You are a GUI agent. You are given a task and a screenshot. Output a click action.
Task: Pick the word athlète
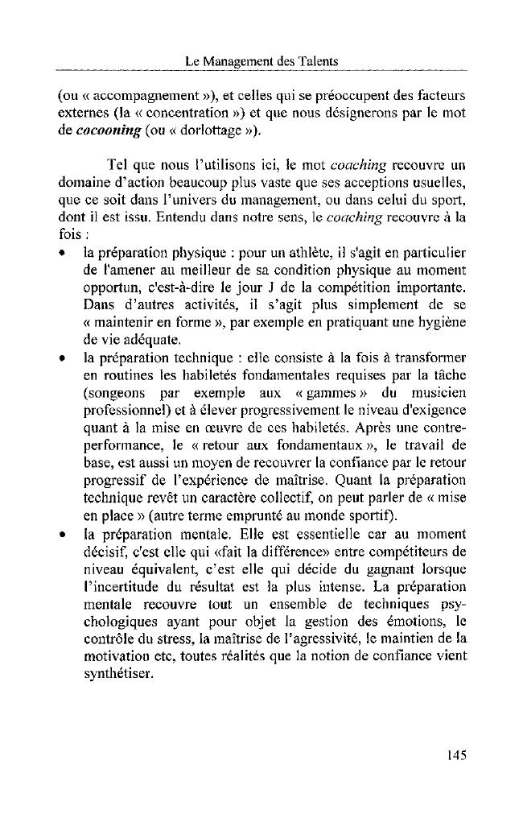(288, 255)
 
